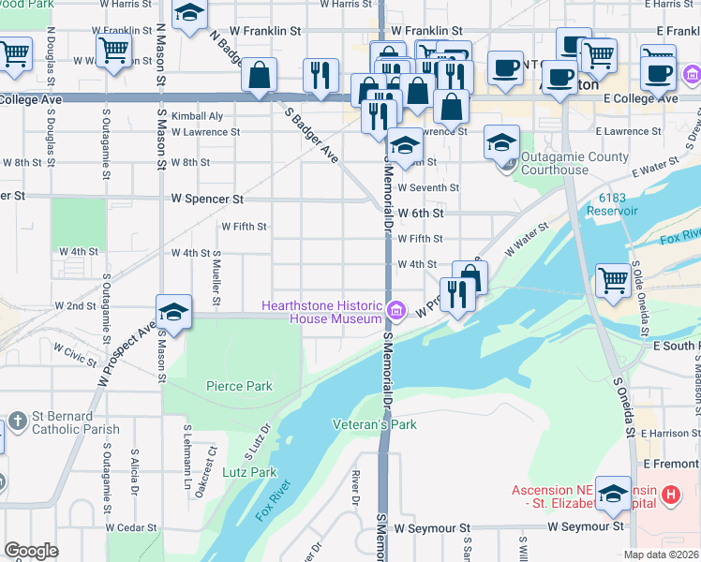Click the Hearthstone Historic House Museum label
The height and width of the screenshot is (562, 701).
tap(321, 312)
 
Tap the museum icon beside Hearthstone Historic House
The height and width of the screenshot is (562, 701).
tap(396, 310)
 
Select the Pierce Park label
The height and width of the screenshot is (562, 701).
tap(239, 386)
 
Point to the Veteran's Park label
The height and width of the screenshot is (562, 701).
tap(374, 424)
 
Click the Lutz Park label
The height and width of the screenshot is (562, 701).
tap(250, 472)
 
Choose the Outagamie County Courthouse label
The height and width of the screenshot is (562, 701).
tap(574, 163)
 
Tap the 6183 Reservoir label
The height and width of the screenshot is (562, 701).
tap(633, 203)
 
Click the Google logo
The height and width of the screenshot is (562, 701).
tap(31, 550)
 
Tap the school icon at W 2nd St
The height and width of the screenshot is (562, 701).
tap(174, 311)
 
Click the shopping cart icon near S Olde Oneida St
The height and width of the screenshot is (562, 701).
tap(613, 279)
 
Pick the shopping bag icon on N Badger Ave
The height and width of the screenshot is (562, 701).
tap(259, 75)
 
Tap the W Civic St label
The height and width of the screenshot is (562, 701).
tap(75, 353)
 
